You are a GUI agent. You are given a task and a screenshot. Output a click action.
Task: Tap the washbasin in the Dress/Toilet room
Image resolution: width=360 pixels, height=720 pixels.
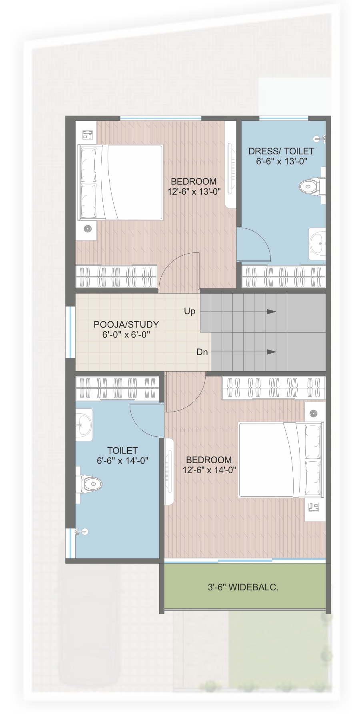coord(318,244)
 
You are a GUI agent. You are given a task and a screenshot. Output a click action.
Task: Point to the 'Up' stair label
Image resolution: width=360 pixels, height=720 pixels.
coord(190,311)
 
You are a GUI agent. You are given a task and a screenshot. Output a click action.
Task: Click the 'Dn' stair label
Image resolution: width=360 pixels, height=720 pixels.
coord(202,352)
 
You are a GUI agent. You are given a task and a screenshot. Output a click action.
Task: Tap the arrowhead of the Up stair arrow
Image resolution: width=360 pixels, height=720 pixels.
coord(272,311)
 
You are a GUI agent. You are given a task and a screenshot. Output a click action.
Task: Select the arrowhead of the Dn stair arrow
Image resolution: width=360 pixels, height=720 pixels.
coord(272,352)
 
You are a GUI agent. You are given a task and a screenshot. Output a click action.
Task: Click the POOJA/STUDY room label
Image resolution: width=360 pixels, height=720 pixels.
coord(126,324)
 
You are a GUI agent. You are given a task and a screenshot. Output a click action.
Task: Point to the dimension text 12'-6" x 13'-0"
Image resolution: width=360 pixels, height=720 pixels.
coord(194,192)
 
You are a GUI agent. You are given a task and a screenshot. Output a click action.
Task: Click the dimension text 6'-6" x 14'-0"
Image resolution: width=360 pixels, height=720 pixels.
coord(122,461)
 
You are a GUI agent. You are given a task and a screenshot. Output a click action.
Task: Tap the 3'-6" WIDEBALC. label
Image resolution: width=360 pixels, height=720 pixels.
coord(243,587)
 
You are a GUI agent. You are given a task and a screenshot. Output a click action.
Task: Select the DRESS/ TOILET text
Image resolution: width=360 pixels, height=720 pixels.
coord(281,151)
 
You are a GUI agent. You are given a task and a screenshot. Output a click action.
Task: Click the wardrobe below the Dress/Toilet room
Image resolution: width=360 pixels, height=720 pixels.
coord(284,276)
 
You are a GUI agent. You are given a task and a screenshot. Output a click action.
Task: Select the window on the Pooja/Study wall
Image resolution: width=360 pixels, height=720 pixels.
coord(71,332)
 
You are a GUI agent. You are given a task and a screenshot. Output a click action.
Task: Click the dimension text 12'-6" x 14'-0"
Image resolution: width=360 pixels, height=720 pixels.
coord(209,470)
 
